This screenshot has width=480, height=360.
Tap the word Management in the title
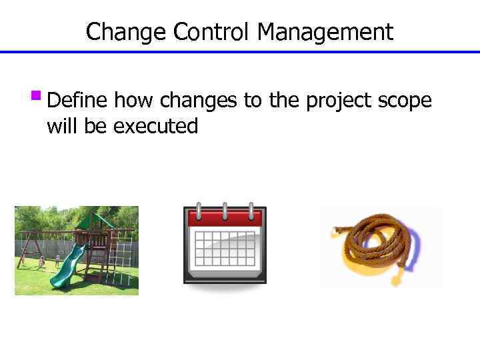pos(326,31)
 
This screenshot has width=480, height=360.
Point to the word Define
pos(79,101)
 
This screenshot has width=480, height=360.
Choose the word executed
pos(156,126)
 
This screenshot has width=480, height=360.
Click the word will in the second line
pos(62,126)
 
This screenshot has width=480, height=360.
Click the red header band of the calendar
pos(225,219)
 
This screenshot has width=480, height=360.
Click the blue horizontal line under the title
pos(240,52)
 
